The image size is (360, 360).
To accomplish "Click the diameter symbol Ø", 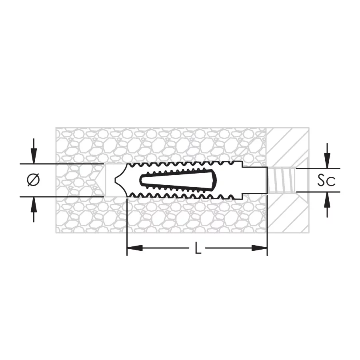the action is click(x=33, y=180).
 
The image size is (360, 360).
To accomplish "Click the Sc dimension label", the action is click(x=326, y=180).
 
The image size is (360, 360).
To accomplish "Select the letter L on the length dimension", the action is click(x=198, y=248).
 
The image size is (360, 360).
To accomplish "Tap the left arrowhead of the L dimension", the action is click(x=135, y=248).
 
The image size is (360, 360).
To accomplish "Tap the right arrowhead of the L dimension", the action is click(x=260, y=248).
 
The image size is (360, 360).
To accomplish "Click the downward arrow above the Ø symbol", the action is click(x=34, y=151).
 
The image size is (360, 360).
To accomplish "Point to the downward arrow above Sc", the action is click(x=327, y=156).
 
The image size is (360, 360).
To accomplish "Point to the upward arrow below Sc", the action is click(x=327, y=204).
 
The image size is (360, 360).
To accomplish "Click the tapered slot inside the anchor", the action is click(x=178, y=180).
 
